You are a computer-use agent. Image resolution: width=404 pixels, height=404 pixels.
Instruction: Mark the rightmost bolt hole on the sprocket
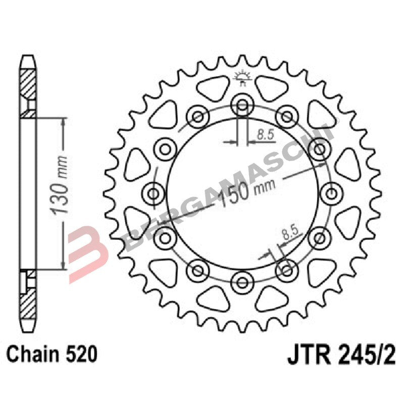click(x=330, y=192)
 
